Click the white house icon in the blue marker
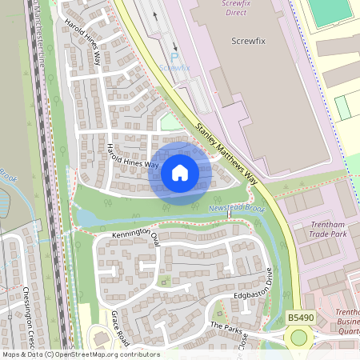click(180, 172)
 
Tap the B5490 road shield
click(299, 318)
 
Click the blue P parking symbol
click(174, 57)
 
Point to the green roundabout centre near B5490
click(299, 338)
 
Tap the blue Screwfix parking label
click(174, 68)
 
